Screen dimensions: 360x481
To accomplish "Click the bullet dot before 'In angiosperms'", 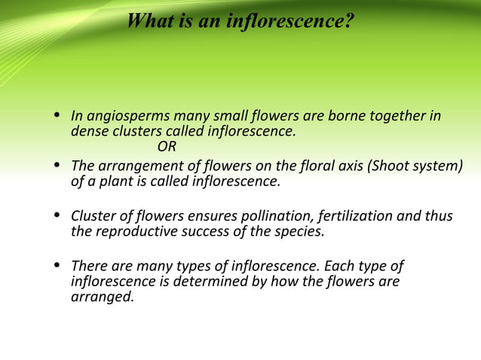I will click(x=57, y=117).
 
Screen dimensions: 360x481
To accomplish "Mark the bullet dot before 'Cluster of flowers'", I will click(x=57, y=216).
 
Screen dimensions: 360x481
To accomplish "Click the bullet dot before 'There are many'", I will click(x=57, y=267).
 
